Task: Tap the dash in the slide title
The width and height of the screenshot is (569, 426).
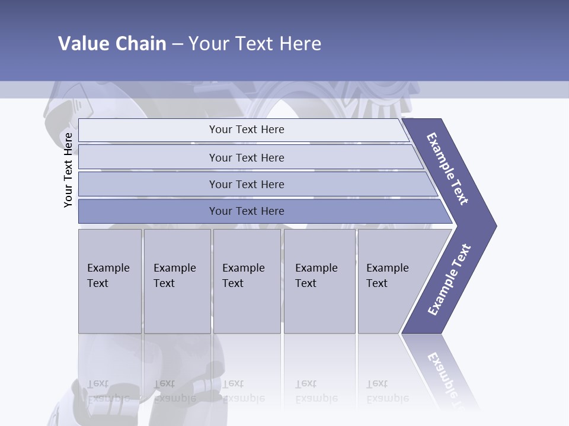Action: coord(177,44)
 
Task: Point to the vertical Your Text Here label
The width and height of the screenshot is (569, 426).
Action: coord(68,170)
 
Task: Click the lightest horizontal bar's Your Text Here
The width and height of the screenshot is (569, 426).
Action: coord(247,130)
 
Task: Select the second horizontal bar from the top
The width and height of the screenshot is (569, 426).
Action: coord(247,157)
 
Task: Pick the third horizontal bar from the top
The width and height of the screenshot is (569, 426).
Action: coord(247,184)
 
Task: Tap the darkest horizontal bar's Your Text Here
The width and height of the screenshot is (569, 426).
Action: coord(247,211)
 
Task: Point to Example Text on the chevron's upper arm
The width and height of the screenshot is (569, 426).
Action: coord(447,169)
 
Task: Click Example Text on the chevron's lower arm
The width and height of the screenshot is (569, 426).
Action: coord(449,280)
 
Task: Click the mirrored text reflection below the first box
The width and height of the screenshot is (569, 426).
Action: coord(108,390)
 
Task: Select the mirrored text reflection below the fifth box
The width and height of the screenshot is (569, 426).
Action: coord(387,390)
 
